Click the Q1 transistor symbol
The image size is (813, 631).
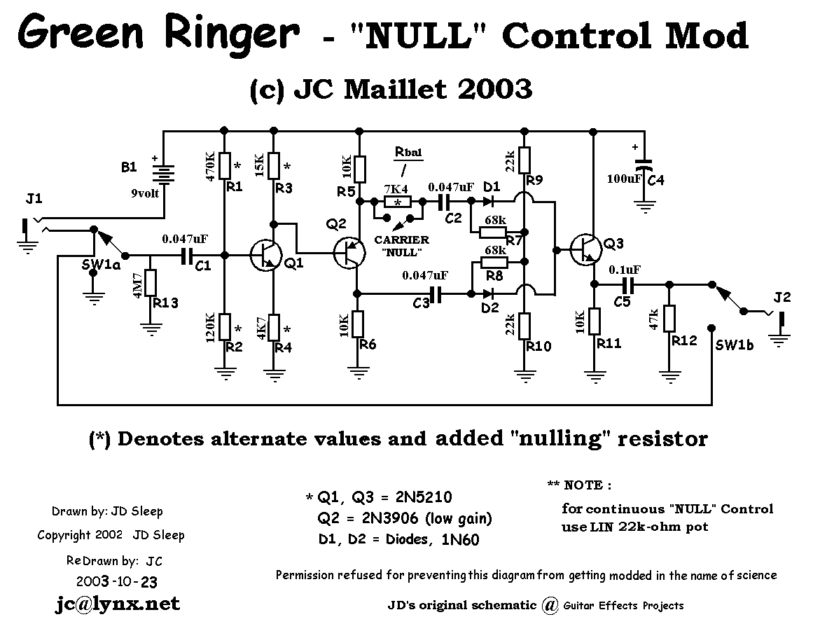click(x=265, y=256)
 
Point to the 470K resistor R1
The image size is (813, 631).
click(x=224, y=166)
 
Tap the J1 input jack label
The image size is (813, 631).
click(x=34, y=200)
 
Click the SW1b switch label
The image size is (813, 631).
click(x=735, y=345)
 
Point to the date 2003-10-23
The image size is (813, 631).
click(x=117, y=581)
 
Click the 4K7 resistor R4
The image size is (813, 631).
click(x=274, y=327)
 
